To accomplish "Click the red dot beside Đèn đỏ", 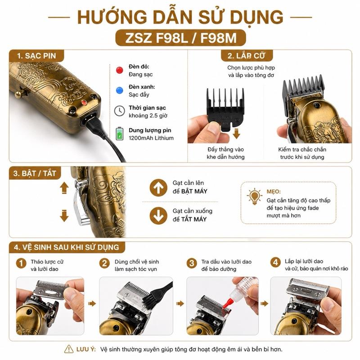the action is coord(119,70).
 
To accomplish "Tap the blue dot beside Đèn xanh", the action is coord(119,90).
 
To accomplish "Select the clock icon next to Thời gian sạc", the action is coord(119,111).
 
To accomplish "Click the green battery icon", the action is coord(119,134).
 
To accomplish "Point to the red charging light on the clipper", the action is coord(84,103).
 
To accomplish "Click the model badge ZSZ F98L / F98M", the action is coord(180,38).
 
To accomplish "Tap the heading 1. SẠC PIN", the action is coord(36,56).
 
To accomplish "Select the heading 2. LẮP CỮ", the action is coord(246,56).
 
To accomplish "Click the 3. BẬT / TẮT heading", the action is coord(35,173).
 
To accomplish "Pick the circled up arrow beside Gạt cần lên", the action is coord(158,188).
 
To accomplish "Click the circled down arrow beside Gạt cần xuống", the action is coord(158,216).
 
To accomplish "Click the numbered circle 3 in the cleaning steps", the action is coord(192,263).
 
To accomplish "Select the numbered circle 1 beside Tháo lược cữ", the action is coord(21,263).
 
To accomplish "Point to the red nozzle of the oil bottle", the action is coord(226,302).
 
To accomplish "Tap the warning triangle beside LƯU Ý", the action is coord(69,349).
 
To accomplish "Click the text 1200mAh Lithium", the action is coord(151,138).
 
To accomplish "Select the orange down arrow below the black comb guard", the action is coord(236,134).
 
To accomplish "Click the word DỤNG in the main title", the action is coord(256,18).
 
